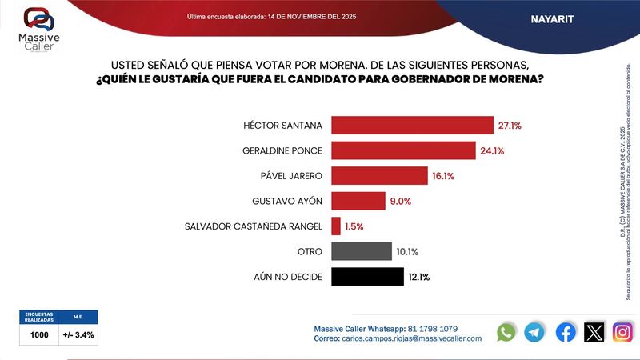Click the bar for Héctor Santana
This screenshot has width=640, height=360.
click(x=412, y=126)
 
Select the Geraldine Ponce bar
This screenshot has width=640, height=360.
click(x=403, y=150)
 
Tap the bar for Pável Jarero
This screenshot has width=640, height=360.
click(x=379, y=176)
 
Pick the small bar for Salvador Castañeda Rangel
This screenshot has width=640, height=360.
click(x=335, y=226)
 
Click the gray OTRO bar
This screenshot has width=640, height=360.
click(x=361, y=252)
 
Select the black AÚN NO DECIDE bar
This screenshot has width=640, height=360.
click(x=366, y=277)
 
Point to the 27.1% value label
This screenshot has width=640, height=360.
click(x=511, y=126)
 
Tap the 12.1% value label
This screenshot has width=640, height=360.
click(x=419, y=278)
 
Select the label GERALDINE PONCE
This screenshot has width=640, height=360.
click(x=282, y=150)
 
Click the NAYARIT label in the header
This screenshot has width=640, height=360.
click(x=552, y=18)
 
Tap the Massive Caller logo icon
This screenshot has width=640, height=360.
click(x=38, y=19)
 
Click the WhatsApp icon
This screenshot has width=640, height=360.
click(x=506, y=332)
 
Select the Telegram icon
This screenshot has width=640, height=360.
click(x=535, y=332)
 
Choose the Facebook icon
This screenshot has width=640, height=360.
click(x=565, y=332)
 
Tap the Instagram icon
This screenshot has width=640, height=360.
click(x=622, y=332)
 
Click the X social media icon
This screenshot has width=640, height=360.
click(x=594, y=332)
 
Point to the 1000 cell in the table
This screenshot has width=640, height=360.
click(x=39, y=335)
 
